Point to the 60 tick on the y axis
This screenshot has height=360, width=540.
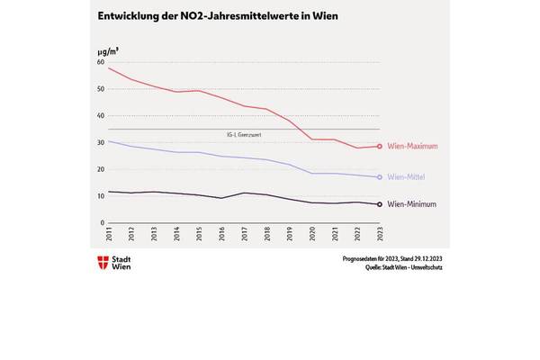(101, 62)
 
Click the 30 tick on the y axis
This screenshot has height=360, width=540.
(101, 142)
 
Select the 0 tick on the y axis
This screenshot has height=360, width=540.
(103, 222)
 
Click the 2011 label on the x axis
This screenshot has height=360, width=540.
(109, 236)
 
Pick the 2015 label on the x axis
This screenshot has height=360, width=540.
(199, 236)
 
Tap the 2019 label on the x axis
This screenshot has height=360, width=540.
(289, 236)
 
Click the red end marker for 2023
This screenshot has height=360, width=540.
(380, 147)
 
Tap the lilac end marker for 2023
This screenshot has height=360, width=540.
(380, 177)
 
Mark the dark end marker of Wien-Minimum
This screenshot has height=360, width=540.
(380, 204)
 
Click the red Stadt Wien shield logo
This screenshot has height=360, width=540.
(102, 264)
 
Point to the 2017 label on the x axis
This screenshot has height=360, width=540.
(244, 236)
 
